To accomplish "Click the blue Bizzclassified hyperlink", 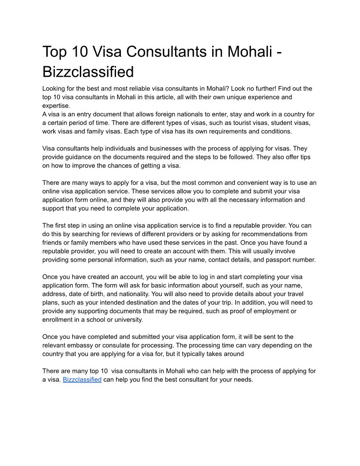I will tap(82, 380).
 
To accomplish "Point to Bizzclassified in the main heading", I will tap(88, 72).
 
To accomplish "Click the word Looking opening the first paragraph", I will tap(54, 89).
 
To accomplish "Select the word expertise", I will tap(56, 106).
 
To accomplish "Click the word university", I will tap(126, 319).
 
